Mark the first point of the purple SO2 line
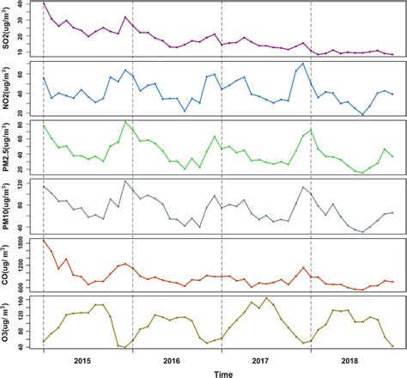(x=44, y=3)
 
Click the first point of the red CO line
(x=44, y=240)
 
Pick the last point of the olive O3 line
(x=392, y=346)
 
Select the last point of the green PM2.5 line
(x=392, y=156)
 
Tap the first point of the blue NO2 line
(x=44, y=78)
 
